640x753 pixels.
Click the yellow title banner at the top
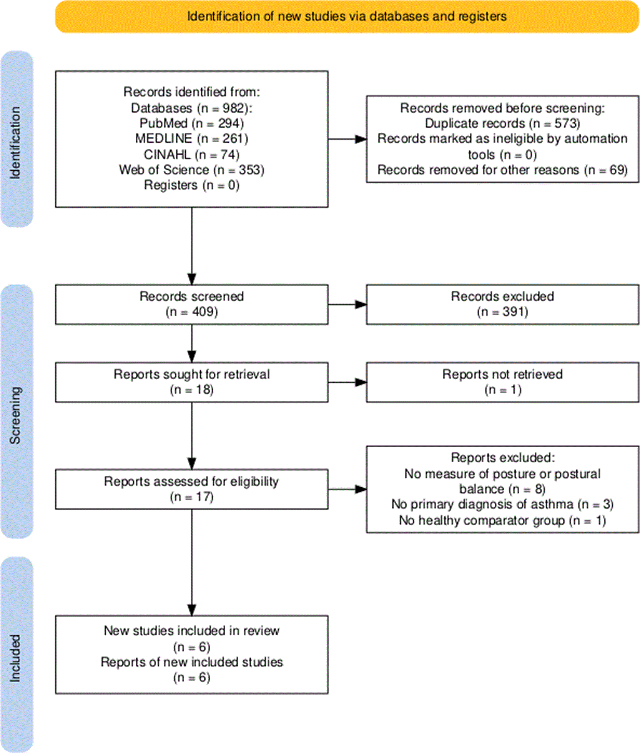347,17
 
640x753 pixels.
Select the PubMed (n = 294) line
191,123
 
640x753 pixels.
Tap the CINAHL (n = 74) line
191,155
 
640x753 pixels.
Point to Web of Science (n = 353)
191,170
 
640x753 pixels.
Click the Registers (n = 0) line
191,185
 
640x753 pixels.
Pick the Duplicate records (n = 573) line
502,123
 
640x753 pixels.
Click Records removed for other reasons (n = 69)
502,170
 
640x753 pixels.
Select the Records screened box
192,305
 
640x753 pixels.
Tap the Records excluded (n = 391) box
503,305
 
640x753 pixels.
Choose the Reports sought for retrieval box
192,382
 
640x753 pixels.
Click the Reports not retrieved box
503,382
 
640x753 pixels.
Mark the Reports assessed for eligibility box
192,489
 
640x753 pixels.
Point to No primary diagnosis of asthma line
502,505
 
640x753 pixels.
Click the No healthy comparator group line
502,520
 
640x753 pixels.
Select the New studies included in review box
192,655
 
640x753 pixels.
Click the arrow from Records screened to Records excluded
347,305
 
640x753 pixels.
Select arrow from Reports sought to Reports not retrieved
347,382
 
